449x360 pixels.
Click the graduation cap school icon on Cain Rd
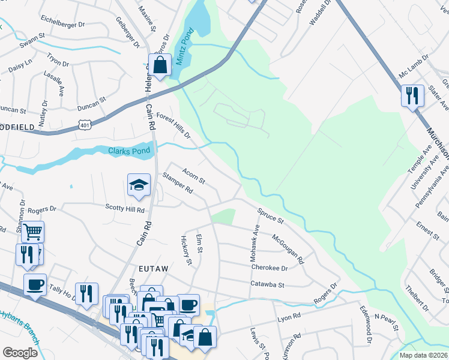[139, 187]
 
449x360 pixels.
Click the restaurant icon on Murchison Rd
[412, 96]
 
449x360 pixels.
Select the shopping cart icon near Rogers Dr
[33, 232]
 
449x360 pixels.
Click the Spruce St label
[270, 216]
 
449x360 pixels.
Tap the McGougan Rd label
[288, 249]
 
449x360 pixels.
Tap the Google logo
[20, 352]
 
